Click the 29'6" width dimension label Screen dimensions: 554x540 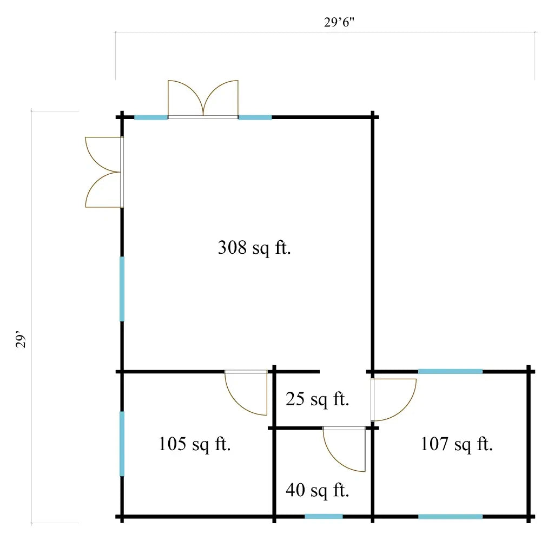(x=339, y=22)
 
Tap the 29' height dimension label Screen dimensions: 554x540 (x=21, y=339)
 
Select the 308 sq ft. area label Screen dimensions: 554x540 (x=254, y=248)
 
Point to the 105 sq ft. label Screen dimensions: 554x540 (x=194, y=444)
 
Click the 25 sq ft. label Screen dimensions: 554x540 (x=317, y=399)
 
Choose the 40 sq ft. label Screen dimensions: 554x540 (x=317, y=491)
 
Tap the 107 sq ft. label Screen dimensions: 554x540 (x=457, y=444)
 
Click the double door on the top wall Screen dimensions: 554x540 (x=203, y=99)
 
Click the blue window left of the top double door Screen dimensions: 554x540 (x=151, y=117)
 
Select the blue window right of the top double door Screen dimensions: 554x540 (x=255, y=117)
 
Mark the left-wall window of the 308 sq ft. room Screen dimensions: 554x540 (x=122, y=289)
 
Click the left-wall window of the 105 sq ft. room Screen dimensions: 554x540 (x=122, y=444)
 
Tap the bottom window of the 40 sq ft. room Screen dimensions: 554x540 (x=324, y=517)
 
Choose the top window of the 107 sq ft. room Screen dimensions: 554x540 (x=451, y=371)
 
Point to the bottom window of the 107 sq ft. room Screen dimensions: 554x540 (x=451, y=517)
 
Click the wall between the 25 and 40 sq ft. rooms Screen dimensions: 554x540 (x=295, y=429)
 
